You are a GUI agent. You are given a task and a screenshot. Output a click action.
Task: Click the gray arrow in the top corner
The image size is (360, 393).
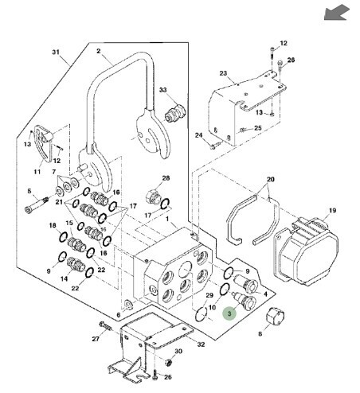(336, 13)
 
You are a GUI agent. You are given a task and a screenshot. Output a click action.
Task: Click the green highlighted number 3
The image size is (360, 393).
(229, 313)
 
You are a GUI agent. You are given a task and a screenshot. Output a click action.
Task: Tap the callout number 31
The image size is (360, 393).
(56, 52)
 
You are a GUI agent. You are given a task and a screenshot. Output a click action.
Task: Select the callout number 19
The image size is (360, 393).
(332, 211)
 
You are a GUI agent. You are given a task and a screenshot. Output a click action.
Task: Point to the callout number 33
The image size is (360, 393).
(162, 90)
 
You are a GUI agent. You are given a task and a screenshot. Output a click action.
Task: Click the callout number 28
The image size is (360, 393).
(166, 178)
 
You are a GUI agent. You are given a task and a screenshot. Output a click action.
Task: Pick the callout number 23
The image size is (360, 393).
(223, 73)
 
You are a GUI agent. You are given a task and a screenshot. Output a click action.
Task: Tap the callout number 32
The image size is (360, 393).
(201, 344)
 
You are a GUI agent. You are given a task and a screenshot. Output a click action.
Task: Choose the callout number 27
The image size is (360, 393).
(96, 339)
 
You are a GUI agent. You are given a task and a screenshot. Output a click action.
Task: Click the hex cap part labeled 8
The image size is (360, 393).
(275, 317)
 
